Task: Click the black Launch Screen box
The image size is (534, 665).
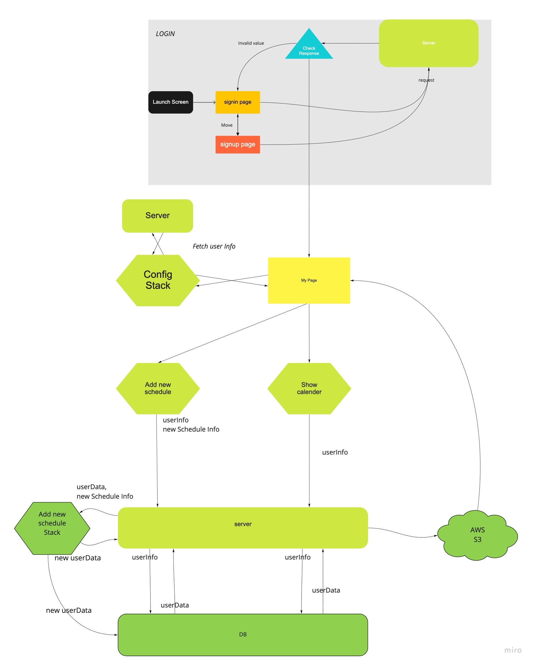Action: pyautogui.click(x=170, y=102)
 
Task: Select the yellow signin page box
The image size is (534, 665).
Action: pyautogui.click(x=237, y=102)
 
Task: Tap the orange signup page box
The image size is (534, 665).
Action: pyautogui.click(x=237, y=144)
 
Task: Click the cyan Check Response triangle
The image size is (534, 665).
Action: pyautogui.click(x=309, y=49)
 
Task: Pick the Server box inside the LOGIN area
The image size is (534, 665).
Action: pyautogui.click(x=428, y=43)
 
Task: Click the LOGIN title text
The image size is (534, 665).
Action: pyautogui.click(x=165, y=34)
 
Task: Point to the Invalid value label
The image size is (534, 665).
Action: pyautogui.click(x=251, y=43)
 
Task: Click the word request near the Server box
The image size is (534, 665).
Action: pyautogui.click(x=426, y=80)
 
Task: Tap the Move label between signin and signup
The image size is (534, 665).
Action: pyautogui.click(x=226, y=125)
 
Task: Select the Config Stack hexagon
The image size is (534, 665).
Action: pyautogui.click(x=158, y=280)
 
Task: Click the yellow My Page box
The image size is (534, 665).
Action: pyautogui.click(x=309, y=280)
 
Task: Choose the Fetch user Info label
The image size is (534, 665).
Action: pyautogui.click(x=214, y=246)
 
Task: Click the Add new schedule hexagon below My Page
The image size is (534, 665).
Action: pyautogui.click(x=158, y=388)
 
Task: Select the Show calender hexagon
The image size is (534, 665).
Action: pyautogui.click(x=309, y=388)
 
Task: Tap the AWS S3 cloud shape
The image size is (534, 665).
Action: pyautogui.click(x=477, y=535)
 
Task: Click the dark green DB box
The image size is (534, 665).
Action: pyautogui.click(x=243, y=635)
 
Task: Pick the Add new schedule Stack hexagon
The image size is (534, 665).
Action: pyautogui.click(x=52, y=528)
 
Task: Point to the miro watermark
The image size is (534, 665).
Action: pyautogui.click(x=513, y=650)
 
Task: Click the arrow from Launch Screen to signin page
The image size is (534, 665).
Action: pyautogui.click(x=204, y=102)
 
